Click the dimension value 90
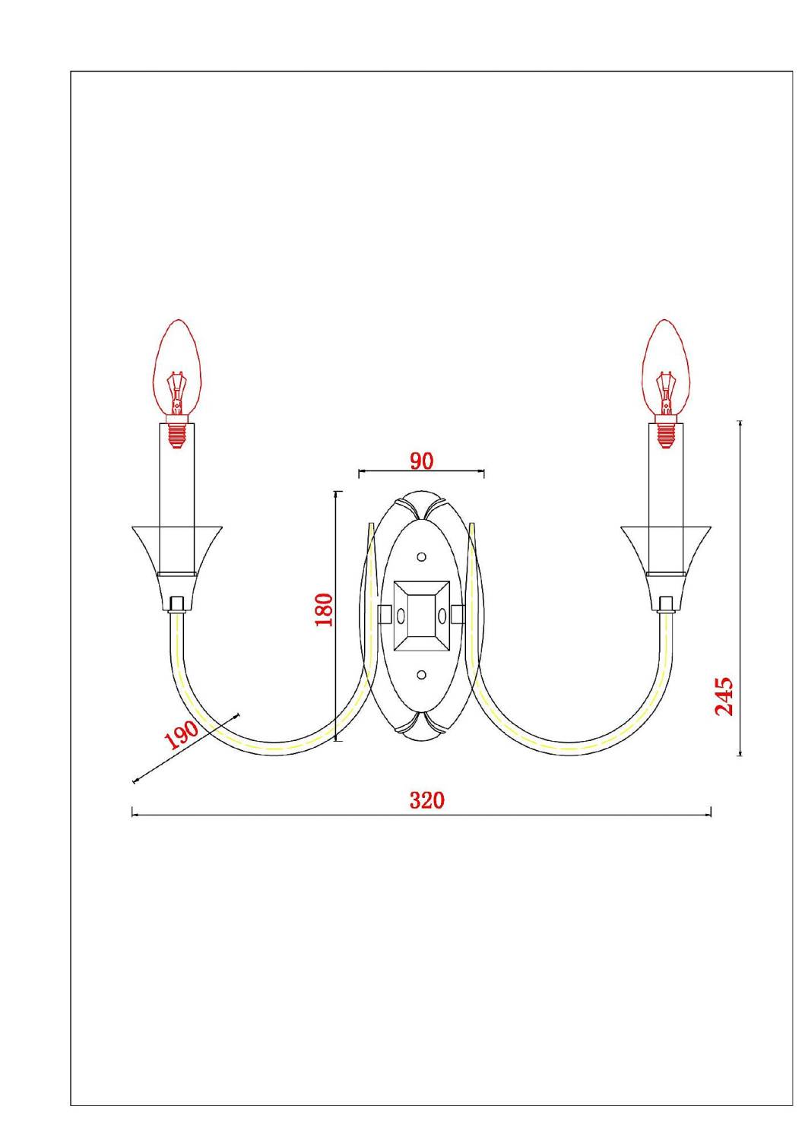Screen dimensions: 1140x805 pyautogui.click(x=421, y=461)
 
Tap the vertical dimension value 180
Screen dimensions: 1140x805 pyautogui.click(x=325, y=610)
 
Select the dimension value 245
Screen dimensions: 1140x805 pyautogui.click(x=724, y=695)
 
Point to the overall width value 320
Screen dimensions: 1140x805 pyautogui.click(x=426, y=800)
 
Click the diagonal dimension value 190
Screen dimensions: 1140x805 pyautogui.click(x=181, y=735)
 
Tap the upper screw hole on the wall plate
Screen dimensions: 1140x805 pyautogui.click(x=421, y=557)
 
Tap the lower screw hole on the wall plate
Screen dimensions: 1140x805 pyautogui.click(x=421, y=674)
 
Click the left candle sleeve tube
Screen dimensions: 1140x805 pyautogui.click(x=176, y=486)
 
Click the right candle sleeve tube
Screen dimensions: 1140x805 pyautogui.click(x=666, y=486)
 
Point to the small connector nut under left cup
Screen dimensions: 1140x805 pyautogui.click(x=177, y=603)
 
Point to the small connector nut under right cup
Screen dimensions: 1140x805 pyautogui.click(x=667, y=603)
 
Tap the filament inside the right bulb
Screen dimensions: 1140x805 pyautogui.click(x=665, y=388)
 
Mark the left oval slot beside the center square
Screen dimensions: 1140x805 pyautogui.click(x=401, y=615)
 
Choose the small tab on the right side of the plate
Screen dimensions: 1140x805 pyautogui.click(x=457, y=613)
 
